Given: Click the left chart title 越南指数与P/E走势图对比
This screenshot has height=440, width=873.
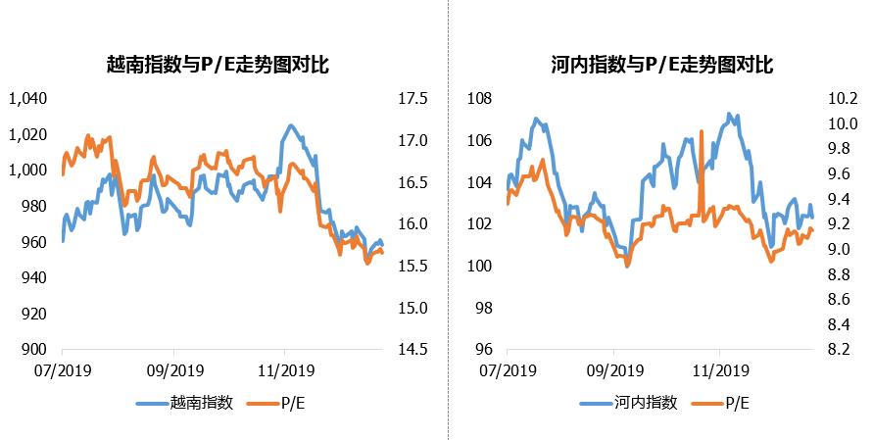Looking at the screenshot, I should (x=217, y=67).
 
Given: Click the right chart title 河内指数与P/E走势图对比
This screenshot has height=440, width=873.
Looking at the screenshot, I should (x=662, y=67).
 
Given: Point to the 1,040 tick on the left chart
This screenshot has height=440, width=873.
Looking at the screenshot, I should (x=27, y=99).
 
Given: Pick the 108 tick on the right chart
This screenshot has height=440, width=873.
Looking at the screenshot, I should (x=478, y=99).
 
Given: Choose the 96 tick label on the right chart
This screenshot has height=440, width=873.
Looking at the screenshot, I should (x=482, y=350).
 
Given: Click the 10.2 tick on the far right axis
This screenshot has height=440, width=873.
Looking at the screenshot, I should (x=844, y=99).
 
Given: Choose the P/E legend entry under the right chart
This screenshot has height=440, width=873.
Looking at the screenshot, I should (x=737, y=402).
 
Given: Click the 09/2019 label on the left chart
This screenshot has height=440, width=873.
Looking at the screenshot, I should (x=174, y=370).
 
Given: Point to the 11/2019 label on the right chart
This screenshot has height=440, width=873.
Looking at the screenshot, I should (x=719, y=370).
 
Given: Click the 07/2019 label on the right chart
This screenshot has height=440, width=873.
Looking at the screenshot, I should (x=508, y=370).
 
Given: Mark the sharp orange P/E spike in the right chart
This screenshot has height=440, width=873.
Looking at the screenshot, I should (x=702, y=131).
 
